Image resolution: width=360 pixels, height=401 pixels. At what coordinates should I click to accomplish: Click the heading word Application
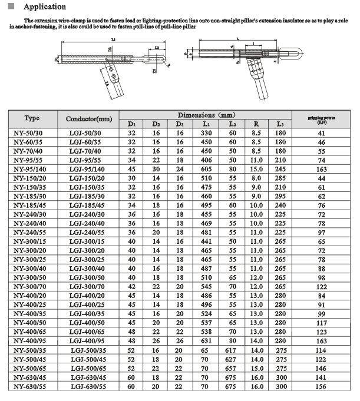click(45, 7)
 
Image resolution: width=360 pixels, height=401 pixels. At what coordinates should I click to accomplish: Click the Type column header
click(32, 118)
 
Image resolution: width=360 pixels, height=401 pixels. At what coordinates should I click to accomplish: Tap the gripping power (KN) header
click(321, 118)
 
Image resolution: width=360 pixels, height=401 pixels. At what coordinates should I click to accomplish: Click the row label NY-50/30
click(32, 134)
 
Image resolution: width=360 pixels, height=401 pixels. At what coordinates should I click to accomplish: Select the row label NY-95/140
click(32, 168)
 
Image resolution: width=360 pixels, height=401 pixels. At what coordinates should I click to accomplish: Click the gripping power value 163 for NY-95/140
click(321, 168)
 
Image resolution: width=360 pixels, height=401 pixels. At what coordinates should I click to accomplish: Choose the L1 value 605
click(206, 168)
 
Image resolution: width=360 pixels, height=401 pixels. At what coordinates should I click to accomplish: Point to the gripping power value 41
click(321, 134)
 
